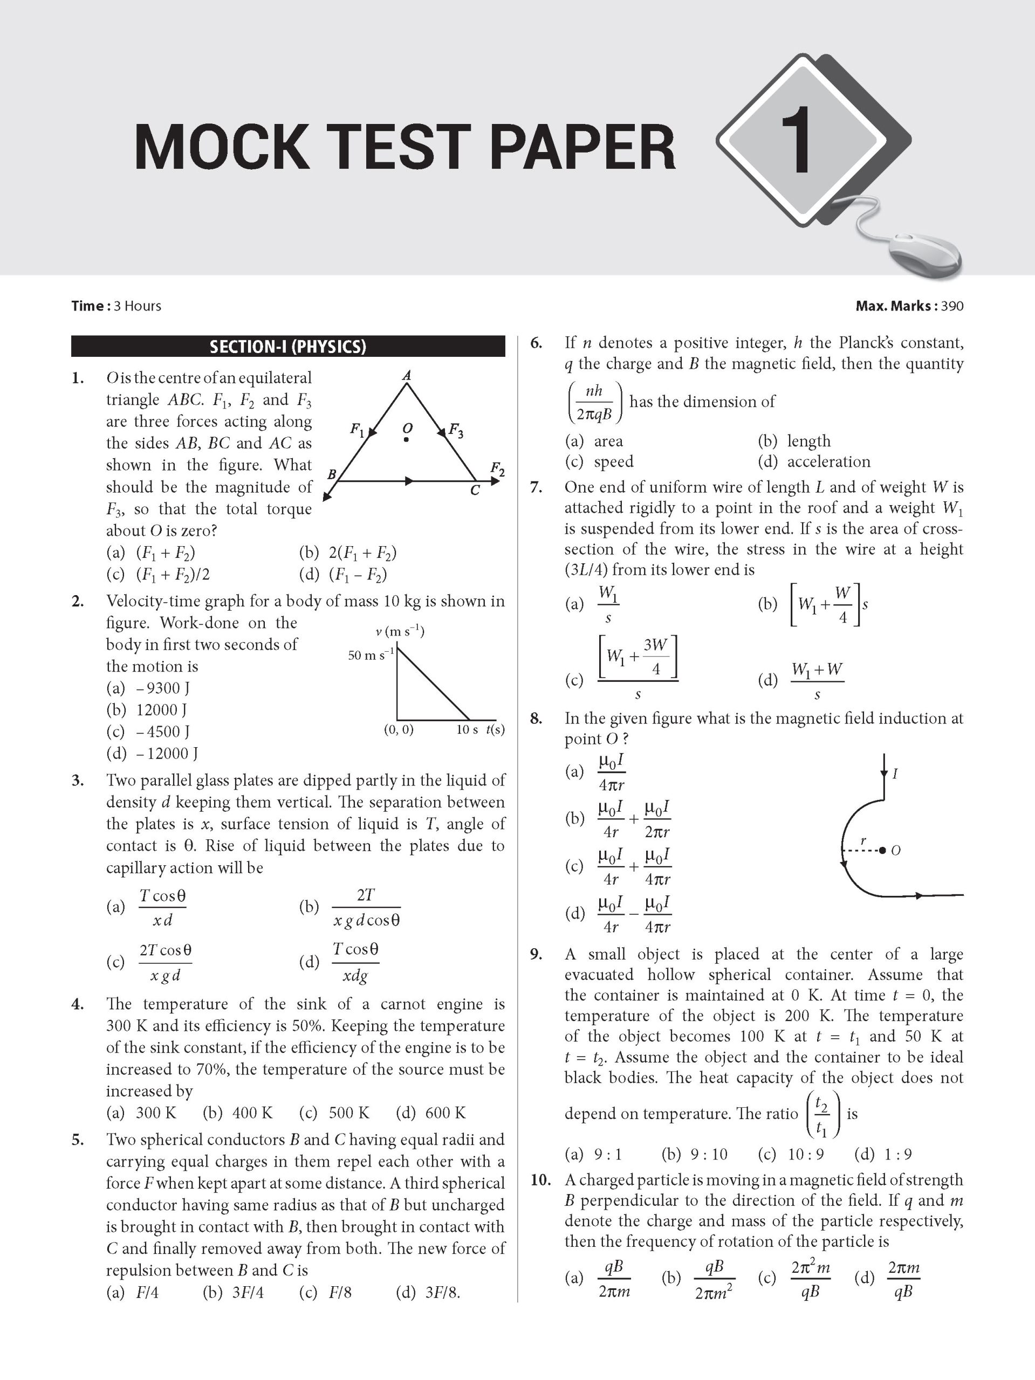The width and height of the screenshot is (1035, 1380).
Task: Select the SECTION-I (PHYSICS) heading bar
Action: [288, 347]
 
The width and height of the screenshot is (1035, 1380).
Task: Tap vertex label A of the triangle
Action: [406, 375]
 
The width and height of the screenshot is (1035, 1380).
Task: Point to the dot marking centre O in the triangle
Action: [406, 440]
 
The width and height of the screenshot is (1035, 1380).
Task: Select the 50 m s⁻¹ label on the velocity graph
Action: [371, 655]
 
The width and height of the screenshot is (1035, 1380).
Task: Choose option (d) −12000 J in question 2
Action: [152, 753]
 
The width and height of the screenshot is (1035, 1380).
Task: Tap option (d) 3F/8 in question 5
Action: [428, 1292]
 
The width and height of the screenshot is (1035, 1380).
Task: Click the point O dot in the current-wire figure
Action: [882, 850]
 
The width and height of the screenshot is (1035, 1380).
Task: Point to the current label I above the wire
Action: [895, 774]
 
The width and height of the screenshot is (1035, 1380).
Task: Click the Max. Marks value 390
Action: [952, 306]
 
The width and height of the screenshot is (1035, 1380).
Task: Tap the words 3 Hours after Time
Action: [138, 306]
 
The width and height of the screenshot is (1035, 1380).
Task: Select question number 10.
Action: [541, 1179]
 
